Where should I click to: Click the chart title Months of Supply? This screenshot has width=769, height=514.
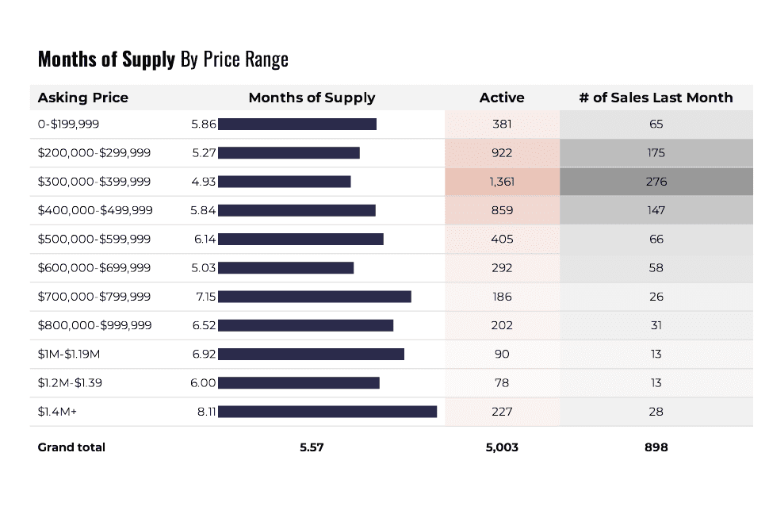click(x=106, y=59)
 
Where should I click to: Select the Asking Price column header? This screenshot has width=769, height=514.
click(x=82, y=98)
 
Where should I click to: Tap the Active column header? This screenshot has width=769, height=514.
click(x=502, y=98)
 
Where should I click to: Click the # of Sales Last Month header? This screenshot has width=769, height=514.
click(x=656, y=98)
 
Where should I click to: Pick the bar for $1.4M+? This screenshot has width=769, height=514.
click(x=327, y=412)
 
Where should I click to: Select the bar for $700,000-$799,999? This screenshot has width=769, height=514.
click(x=315, y=297)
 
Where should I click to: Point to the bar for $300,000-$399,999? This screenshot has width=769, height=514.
click(x=284, y=182)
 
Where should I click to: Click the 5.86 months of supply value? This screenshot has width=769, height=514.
click(x=204, y=124)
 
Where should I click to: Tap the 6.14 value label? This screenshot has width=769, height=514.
click(x=204, y=239)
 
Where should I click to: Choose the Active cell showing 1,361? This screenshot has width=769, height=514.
click(x=502, y=182)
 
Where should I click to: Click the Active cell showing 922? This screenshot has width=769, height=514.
click(x=502, y=152)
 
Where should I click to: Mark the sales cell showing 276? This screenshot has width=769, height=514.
click(x=656, y=182)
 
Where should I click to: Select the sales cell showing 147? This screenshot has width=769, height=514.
click(x=656, y=210)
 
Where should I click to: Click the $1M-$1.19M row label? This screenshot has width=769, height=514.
click(x=76, y=354)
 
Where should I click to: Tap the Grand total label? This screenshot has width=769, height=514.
click(x=71, y=447)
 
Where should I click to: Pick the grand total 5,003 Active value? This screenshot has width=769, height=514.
click(x=502, y=447)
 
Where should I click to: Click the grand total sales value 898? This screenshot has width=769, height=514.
click(x=656, y=447)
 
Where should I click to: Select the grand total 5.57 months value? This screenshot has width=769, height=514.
click(x=312, y=447)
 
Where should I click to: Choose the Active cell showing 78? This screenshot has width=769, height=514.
click(x=502, y=382)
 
